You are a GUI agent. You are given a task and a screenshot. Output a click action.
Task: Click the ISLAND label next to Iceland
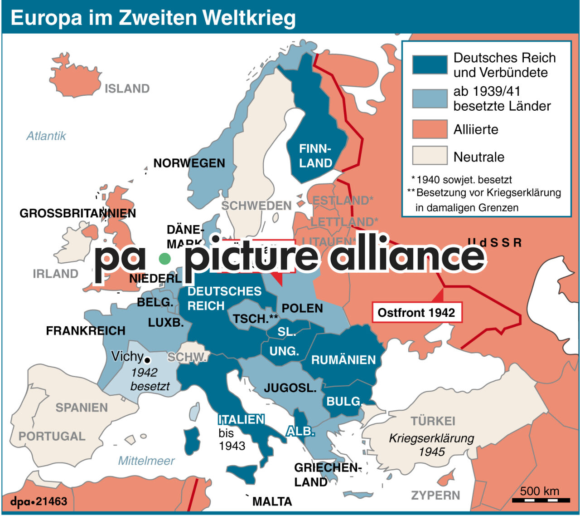[x=127, y=88]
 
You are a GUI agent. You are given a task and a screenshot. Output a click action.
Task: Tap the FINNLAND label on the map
[x=315, y=156]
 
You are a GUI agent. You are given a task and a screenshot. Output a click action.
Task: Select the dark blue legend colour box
[x=430, y=65]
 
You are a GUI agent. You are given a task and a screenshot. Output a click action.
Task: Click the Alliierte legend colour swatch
[x=430, y=129]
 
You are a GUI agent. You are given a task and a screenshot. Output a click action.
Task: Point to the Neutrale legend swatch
[x=430, y=155]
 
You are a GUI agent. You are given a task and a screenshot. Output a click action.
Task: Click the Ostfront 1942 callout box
[x=416, y=313]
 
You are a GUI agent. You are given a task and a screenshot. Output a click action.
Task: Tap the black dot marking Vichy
[x=147, y=361]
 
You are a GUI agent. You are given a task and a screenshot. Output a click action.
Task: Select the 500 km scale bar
[x=541, y=500]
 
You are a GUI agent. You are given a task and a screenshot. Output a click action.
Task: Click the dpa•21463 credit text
[x=39, y=501]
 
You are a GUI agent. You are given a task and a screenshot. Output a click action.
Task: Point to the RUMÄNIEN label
[x=343, y=360]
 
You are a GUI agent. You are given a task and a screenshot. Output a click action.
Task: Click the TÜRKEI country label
[x=433, y=421]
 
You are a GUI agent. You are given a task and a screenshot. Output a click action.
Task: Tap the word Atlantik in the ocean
[x=46, y=136]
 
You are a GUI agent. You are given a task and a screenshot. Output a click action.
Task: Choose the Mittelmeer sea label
[x=146, y=461]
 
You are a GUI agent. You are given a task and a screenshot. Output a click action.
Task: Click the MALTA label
[x=272, y=501]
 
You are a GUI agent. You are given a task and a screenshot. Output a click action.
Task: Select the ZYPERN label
[x=435, y=495]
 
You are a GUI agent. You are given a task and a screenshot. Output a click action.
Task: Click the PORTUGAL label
[x=52, y=436]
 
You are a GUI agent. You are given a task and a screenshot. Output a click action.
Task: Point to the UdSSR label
[x=495, y=243]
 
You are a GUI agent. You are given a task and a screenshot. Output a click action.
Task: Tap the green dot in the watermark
[x=165, y=259]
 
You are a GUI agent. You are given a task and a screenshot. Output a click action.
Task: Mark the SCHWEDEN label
[x=256, y=206]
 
